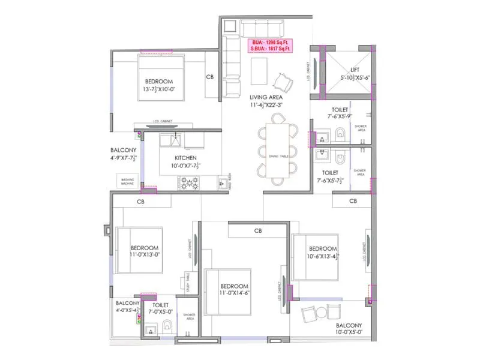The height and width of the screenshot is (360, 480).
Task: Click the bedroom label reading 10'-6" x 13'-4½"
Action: (323, 253)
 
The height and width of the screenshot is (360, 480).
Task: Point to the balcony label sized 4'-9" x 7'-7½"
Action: (124, 154)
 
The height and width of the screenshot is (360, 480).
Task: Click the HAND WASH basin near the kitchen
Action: (224, 181)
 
